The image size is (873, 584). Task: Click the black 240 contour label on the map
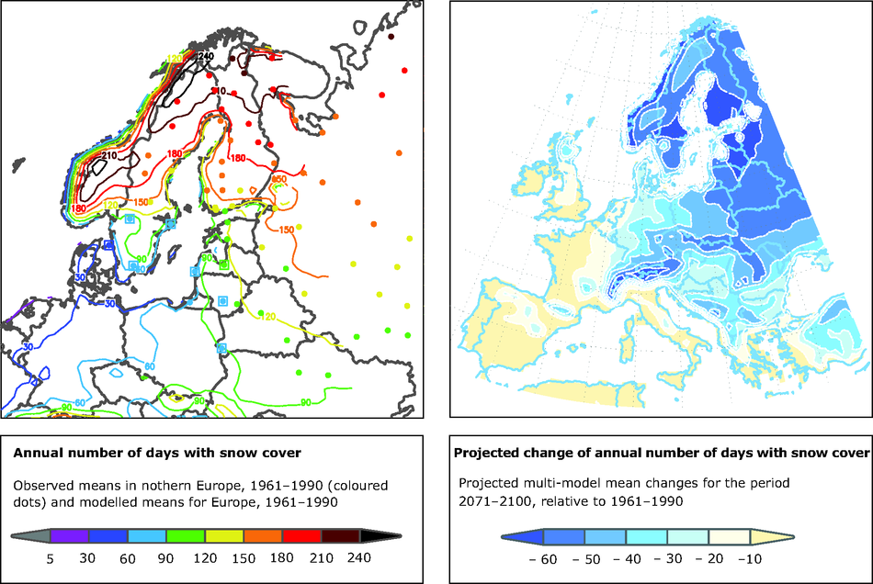(x=207, y=57)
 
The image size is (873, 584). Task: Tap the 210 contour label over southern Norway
(x=109, y=155)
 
